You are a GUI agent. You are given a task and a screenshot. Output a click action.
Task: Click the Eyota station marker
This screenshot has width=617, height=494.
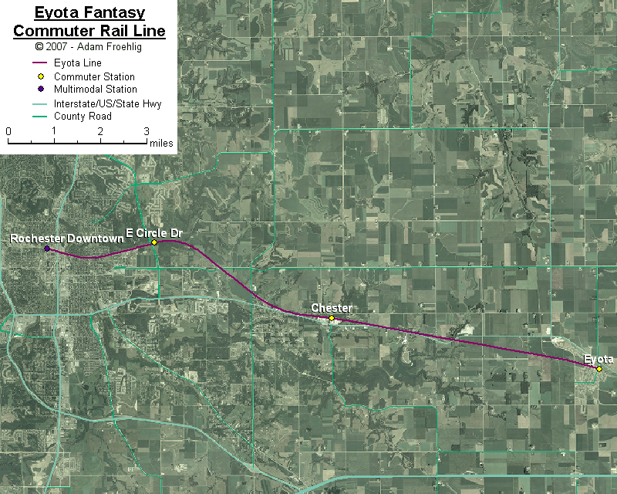599,368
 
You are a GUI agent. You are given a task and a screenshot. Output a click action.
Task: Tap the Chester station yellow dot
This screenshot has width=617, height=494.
332,318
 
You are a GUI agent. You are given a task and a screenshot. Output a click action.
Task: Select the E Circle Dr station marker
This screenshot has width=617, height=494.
154,242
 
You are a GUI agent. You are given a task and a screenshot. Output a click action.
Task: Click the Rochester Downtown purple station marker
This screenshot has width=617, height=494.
47,249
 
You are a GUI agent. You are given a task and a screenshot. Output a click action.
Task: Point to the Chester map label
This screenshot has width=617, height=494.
332,308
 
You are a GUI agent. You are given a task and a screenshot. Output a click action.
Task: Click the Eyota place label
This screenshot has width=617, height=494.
598,359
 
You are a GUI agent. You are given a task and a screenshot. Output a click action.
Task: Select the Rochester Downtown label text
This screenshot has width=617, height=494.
66,239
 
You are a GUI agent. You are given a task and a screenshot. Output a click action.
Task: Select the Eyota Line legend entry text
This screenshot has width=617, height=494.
78,63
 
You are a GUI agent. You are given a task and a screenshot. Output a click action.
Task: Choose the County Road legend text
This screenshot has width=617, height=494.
83,116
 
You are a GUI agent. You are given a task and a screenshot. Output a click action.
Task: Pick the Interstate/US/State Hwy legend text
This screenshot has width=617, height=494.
107,103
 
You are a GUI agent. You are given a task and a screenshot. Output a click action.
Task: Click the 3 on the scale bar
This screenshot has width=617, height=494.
147,131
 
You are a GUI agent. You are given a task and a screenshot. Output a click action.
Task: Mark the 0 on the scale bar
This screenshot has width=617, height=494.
8,131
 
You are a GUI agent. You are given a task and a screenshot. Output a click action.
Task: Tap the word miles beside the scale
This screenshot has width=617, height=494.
162,143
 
